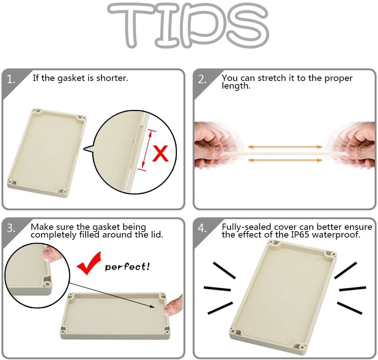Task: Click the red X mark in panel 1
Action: pos(160,153)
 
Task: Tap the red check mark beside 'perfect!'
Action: pos(88,263)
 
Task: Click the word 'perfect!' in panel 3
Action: pos(127,267)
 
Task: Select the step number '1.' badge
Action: pos(11,79)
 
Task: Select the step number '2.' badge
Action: pos(202,79)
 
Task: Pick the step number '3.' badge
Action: pos(11,228)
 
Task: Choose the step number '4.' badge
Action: pos(202,228)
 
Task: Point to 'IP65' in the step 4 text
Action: pos(300,234)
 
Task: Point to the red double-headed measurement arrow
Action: pos(147,150)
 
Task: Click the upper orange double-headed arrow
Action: pos(285,147)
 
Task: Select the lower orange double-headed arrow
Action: pos(285,160)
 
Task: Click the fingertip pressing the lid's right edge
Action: pos(173,305)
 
